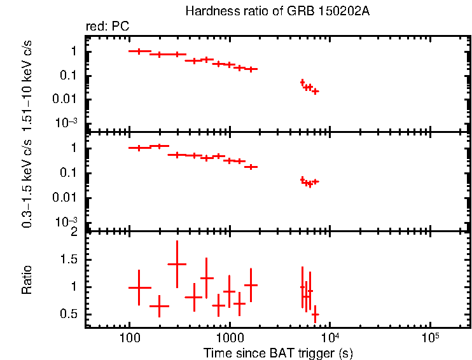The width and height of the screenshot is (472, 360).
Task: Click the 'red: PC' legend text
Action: pyautogui.click(x=113, y=27)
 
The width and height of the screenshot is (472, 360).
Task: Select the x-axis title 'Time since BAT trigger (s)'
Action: pyautogui.click(x=278, y=352)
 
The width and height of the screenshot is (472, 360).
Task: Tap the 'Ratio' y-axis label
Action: pyautogui.click(x=27, y=279)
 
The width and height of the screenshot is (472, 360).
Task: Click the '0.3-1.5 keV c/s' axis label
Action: pyautogui.click(x=27, y=182)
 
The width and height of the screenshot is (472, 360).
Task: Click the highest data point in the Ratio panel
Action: pyautogui.click(x=177, y=263)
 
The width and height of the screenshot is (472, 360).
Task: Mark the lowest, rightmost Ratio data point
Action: pyautogui.click(x=315, y=314)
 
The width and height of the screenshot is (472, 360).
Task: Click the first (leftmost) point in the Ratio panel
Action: pyautogui.click(x=139, y=287)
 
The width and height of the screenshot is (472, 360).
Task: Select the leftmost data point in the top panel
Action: pyautogui.click(x=139, y=51)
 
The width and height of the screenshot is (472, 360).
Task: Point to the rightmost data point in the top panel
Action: pyautogui.click(x=315, y=91)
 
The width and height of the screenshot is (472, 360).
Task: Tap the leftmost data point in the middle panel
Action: pyautogui.click(x=139, y=148)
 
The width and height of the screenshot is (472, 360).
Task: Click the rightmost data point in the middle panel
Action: pyautogui.click(x=315, y=181)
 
